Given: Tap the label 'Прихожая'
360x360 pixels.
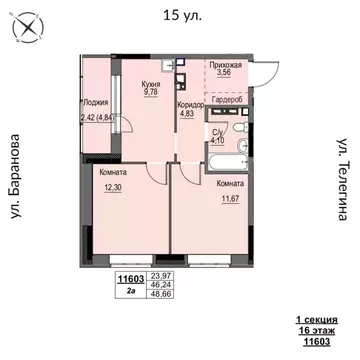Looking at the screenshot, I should [x=226, y=62].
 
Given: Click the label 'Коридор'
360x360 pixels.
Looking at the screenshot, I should [x=190, y=104].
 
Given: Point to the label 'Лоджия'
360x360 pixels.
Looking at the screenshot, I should [x=96, y=101].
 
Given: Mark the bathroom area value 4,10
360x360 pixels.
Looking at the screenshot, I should [x=216, y=140].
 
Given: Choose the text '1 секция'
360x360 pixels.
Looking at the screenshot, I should [x=315, y=318].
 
